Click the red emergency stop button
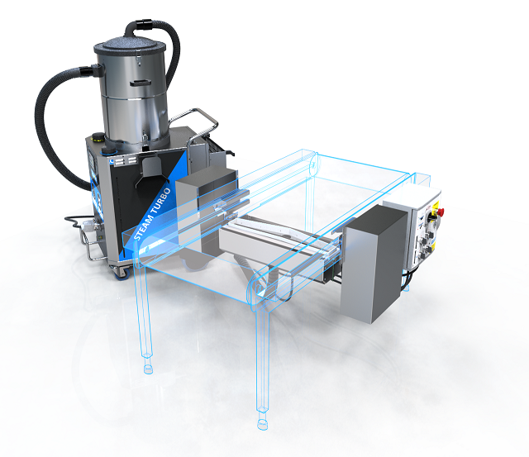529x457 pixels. coord(440,212)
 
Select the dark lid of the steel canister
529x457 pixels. coord(130,45)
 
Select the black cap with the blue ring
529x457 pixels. coord(108,150)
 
